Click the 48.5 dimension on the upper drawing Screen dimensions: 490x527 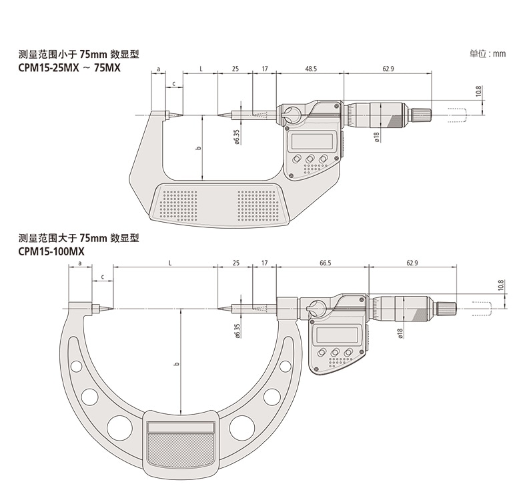click(x=310, y=69)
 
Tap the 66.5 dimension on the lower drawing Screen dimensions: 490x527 click(x=325, y=263)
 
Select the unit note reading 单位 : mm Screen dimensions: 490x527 click(x=488, y=53)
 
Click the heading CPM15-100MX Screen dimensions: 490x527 click(x=52, y=252)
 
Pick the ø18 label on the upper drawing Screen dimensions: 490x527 click(x=377, y=137)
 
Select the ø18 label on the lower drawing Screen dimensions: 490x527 click(x=400, y=333)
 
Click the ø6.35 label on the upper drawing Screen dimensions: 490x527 click(x=236, y=137)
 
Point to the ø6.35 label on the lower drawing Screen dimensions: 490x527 click(x=237, y=331)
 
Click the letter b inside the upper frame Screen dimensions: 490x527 click(x=198, y=148)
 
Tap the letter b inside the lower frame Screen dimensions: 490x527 click(x=176, y=364)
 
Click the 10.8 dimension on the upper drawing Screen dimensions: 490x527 click(x=478, y=91)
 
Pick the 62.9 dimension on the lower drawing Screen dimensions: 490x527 click(x=412, y=263)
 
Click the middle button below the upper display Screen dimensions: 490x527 click(x=311, y=159)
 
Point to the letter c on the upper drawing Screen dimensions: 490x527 click(x=174, y=83)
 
